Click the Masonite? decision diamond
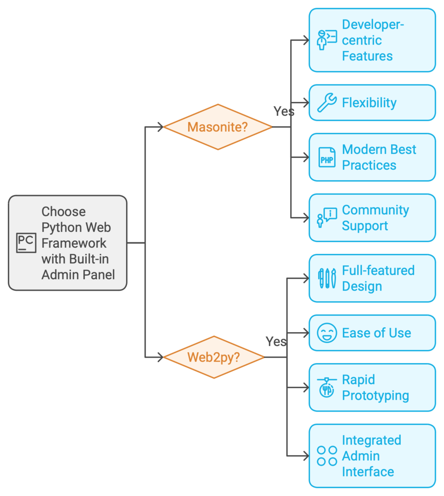coord(218,127)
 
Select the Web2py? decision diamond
coord(214,357)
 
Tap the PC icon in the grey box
coord(25,243)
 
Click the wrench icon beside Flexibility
coord(327,103)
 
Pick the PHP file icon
coord(327,157)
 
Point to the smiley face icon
coord(327,333)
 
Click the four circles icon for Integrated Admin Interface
coord(327,456)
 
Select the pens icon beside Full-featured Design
coord(327,278)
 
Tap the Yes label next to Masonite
coord(284,111)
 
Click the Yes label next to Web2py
coord(276,342)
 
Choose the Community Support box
coord(372,218)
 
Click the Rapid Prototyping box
coord(372,388)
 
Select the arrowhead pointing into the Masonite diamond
coord(161,127)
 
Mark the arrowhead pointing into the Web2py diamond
coord(161,357)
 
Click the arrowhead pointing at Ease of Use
coord(306,333)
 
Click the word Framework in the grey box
coord(74,243)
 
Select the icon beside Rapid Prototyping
coord(327,388)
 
